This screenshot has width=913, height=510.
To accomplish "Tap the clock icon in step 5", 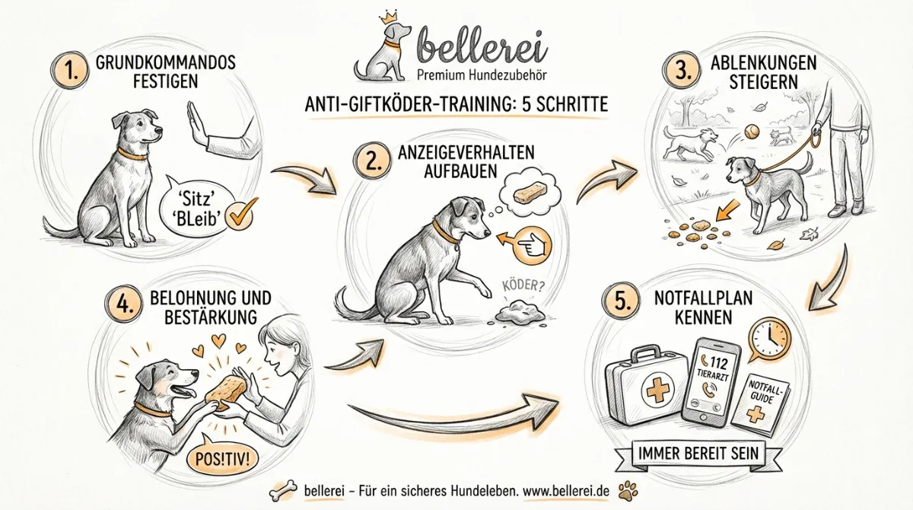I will tap(769, 336).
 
